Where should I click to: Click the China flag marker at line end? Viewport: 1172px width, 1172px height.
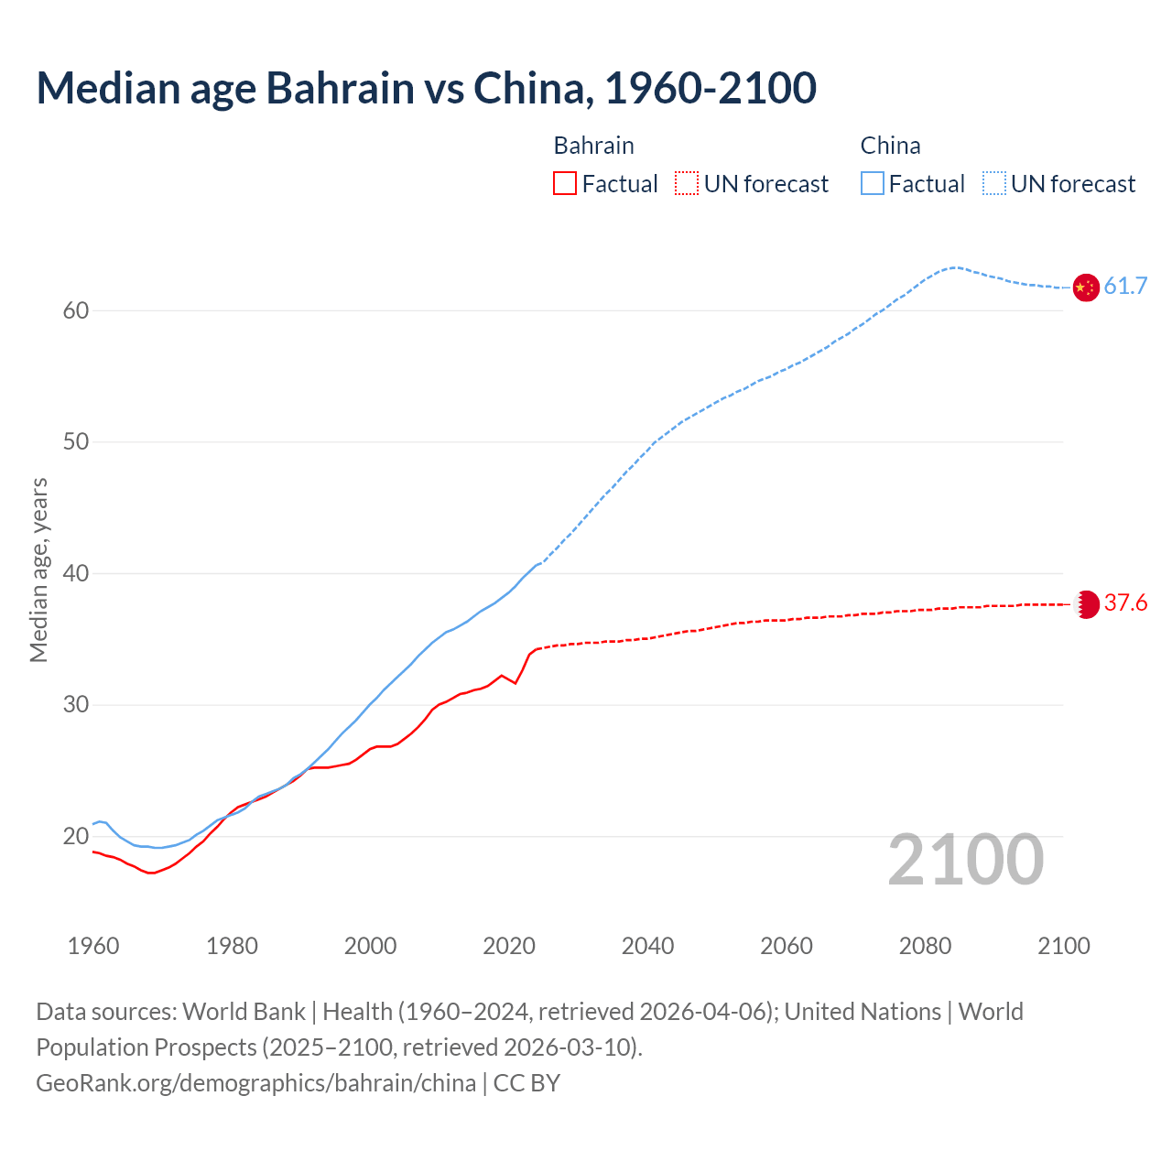1085,288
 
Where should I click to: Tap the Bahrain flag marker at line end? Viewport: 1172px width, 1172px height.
1086,604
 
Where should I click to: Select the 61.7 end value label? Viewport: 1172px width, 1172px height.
1125,287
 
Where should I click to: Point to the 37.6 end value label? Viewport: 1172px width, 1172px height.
1125,602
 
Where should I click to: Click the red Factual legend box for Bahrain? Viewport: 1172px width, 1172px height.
565,184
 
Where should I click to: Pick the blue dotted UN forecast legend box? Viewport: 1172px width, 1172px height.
994,184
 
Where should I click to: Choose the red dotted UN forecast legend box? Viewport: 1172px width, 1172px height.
687,184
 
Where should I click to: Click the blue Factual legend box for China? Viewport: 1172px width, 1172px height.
872,184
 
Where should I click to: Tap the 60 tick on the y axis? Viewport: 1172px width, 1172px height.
76,310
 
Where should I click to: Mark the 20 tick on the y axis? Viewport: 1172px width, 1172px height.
76,836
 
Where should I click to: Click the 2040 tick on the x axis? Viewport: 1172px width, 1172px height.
647,946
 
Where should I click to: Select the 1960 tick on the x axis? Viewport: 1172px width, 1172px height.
93,946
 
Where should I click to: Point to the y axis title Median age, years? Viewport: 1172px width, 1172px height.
38,570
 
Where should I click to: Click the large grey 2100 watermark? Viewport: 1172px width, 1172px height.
965,860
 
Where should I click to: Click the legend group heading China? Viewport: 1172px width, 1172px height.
890,146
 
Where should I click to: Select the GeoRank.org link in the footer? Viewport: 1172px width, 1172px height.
255,1083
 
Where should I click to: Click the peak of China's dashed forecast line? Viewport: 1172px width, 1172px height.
954,267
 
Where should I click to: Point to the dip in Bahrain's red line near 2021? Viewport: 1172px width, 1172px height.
515,683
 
